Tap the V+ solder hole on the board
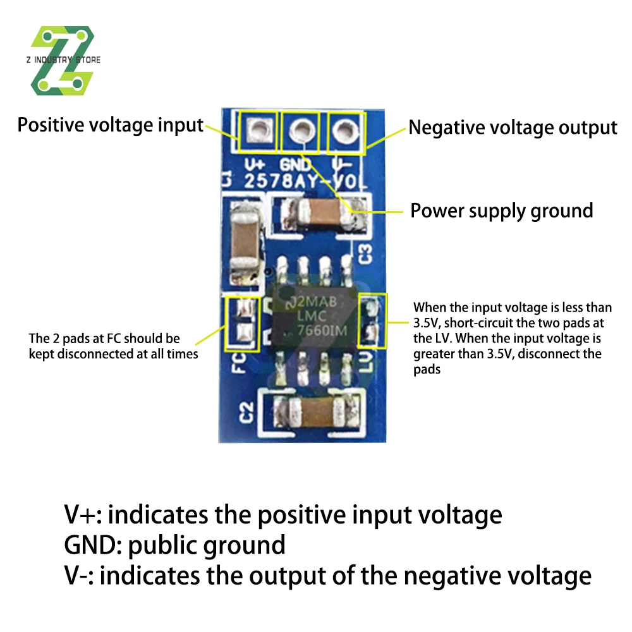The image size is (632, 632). point(257,131)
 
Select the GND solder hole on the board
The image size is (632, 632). point(301,131)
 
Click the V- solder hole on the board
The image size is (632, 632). point(344,131)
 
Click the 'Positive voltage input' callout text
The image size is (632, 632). point(110,125)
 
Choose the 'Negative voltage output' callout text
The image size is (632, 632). point(512,128)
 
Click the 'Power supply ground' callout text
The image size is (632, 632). point(502,210)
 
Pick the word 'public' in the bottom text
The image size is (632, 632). point(163,545)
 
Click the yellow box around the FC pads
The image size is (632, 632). point(243,322)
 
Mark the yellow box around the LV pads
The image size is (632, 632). point(371,322)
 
